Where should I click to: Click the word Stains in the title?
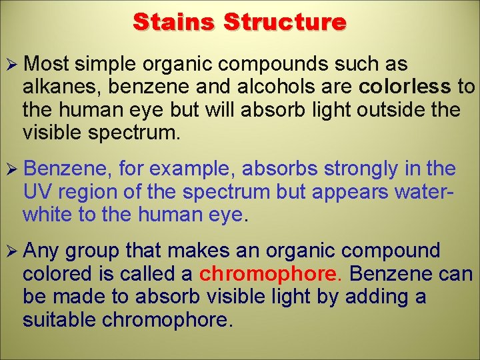[x=175, y=22]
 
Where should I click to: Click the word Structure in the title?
[x=285, y=22]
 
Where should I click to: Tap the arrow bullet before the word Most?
[x=11, y=65]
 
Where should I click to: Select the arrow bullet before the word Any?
[x=11, y=251]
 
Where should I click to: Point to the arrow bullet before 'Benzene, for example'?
[x=11, y=169]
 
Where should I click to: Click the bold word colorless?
[x=404, y=87]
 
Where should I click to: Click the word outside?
[x=375, y=109]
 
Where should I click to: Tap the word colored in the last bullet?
[x=56, y=274]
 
